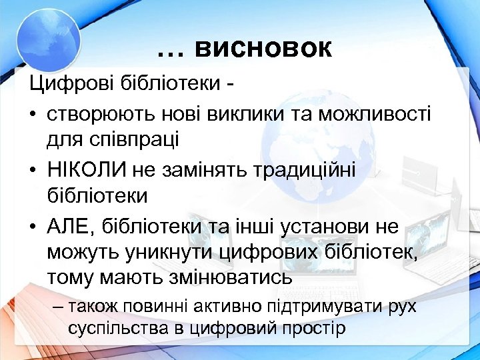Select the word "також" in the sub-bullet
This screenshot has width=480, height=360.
100,307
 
